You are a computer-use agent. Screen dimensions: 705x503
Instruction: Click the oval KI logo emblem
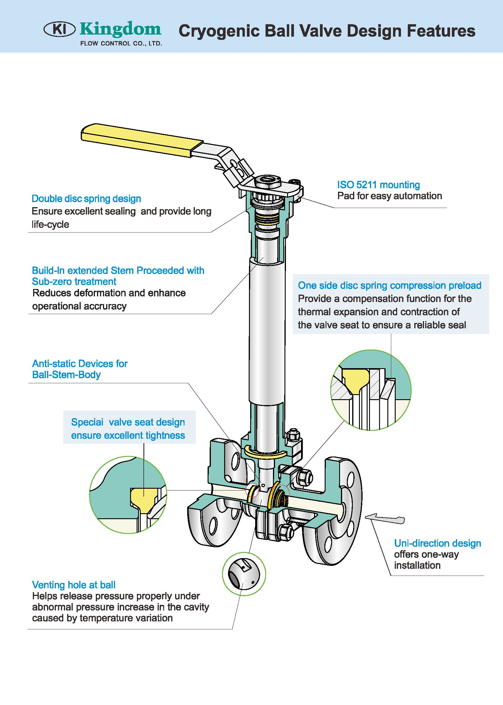point(60,30)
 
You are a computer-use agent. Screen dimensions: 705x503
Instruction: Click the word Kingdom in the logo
point(120,30)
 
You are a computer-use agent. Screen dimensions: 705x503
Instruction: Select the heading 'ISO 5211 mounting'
point(379,185)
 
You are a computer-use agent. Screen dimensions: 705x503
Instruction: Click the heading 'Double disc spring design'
point(86,199)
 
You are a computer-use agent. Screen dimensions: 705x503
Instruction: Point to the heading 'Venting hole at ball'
point(74,585)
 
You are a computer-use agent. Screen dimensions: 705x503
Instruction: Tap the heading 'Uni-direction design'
point(437,543)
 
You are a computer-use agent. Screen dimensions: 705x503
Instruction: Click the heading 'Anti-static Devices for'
point(80,363)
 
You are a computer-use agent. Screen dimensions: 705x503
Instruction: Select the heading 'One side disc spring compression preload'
point(390,285)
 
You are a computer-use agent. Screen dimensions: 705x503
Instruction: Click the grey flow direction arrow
point(385,519)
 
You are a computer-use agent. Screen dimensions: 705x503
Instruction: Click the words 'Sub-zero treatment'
point(74,282)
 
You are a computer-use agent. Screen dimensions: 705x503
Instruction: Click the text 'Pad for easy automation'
point(389,196)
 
